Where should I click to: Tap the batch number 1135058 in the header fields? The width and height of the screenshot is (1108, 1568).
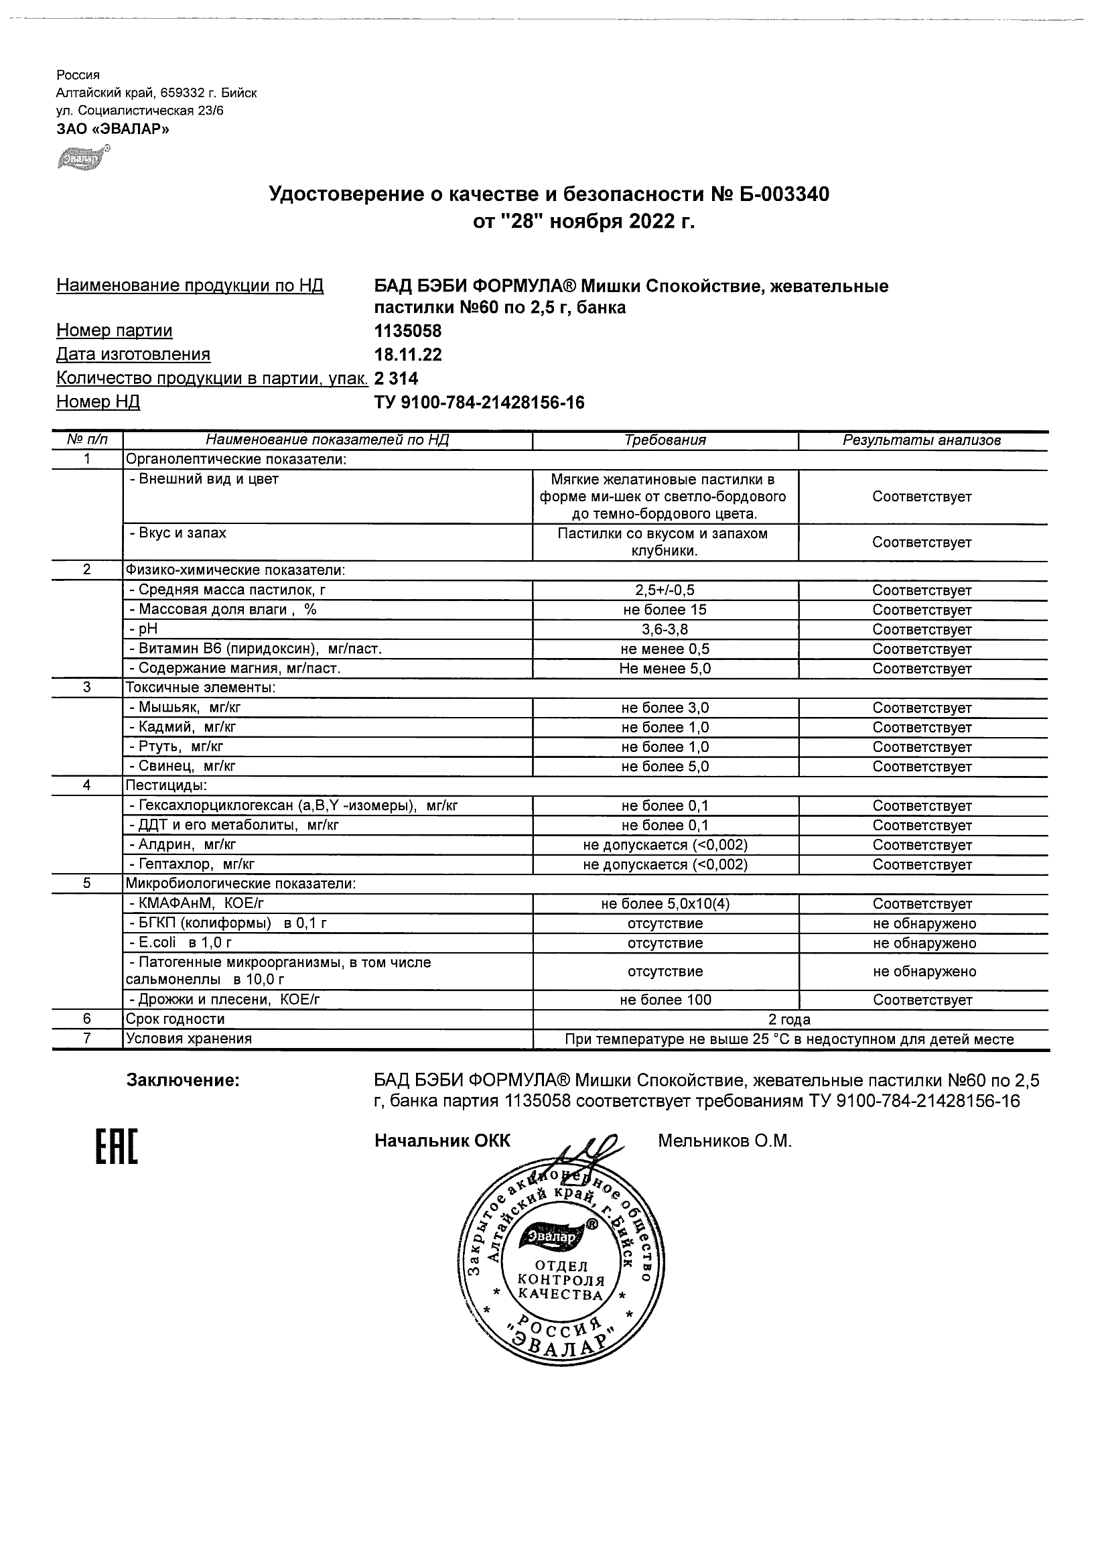pyautogui.click(x=407, y=331)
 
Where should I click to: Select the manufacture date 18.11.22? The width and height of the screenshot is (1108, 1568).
pyautogui.click(x=407, y=354)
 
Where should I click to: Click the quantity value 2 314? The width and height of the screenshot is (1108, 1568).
pyautogui.click(x=396, y=379)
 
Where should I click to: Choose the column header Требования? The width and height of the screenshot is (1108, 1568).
pyautogui.click(x=665, y=440)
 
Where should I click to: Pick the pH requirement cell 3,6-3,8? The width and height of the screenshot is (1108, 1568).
pyautogui.click(x=665, y=630)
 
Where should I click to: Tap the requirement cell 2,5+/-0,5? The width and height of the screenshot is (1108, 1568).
pyautogui.click(x=665, y=590)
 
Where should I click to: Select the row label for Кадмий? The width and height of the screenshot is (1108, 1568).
pyautogui.click(x=184, y=727)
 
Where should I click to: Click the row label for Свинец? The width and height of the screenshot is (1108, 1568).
pyautogui.click(x=182, y=767)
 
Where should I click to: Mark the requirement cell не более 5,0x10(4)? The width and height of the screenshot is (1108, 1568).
pyautogui.click(x=665, y=904)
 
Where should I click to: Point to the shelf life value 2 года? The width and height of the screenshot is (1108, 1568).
pyautogui.click(x=789, y=1020)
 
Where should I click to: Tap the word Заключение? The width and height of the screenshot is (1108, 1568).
pyautogui.click(x=183, y=1080)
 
